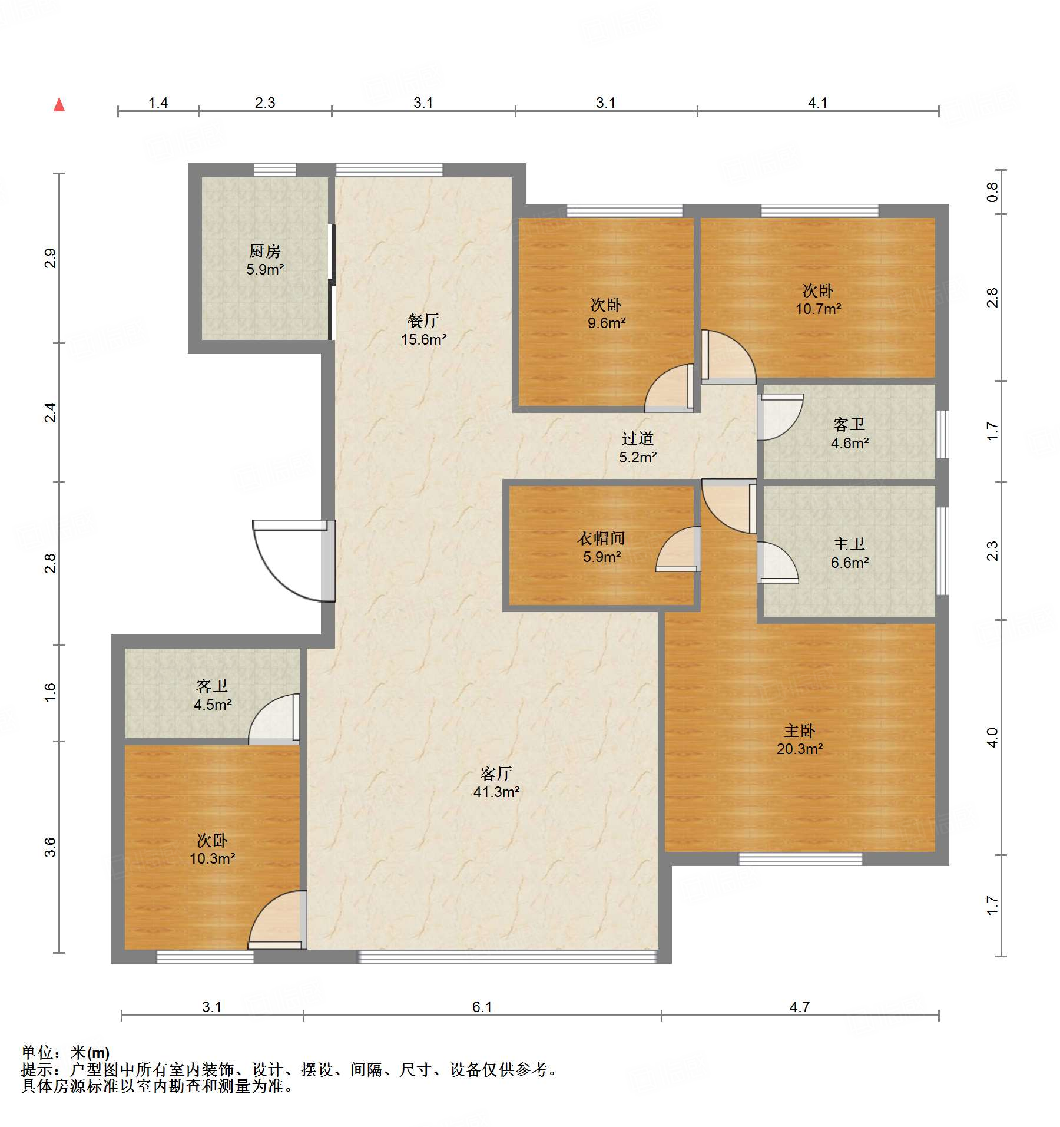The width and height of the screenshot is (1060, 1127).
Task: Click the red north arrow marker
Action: pos(59,104)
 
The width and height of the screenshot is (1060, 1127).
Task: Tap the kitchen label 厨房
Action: pos(264,252)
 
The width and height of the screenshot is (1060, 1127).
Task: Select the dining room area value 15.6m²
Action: pos(423,339)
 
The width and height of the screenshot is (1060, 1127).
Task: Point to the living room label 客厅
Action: pos(496,774)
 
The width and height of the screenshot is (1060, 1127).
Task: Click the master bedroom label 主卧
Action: pos(799,731)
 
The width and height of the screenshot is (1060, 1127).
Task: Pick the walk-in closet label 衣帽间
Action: pos(601,538)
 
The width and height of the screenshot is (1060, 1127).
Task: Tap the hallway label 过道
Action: pos(637,438)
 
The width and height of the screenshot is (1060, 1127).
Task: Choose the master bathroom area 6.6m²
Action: pos(849,563)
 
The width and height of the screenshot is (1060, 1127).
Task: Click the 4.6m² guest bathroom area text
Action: pos(849,443)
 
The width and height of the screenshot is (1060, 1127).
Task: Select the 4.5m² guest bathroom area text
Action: pos(213,705)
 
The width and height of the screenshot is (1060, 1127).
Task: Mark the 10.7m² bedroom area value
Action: pos(818,309)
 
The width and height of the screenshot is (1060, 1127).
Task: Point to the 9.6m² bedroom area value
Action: pos(606,323)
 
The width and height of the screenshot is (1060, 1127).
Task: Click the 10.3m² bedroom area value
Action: pos(212,858)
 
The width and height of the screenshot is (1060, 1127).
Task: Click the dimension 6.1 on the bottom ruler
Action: pos(482,1007)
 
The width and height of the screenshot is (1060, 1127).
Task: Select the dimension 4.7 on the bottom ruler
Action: pos(799,1007)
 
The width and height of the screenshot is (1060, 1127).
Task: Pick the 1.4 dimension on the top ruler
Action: pos(158,103)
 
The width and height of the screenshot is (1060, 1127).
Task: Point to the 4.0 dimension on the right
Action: pos(992,738)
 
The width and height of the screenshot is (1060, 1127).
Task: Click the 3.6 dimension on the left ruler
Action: pos(50,847)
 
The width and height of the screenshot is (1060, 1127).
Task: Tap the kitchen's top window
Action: pos(275,170)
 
